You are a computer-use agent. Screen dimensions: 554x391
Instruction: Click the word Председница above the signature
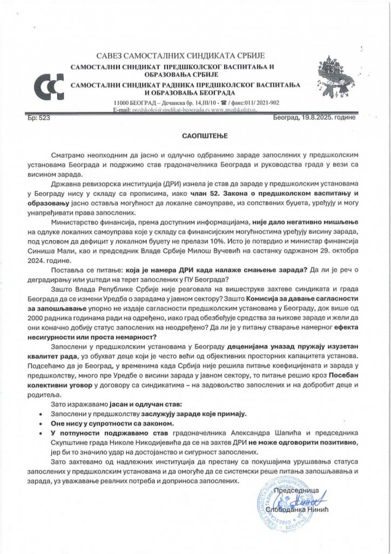pos(298,490)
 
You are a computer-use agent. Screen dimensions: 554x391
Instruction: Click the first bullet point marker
pos(41,414)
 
